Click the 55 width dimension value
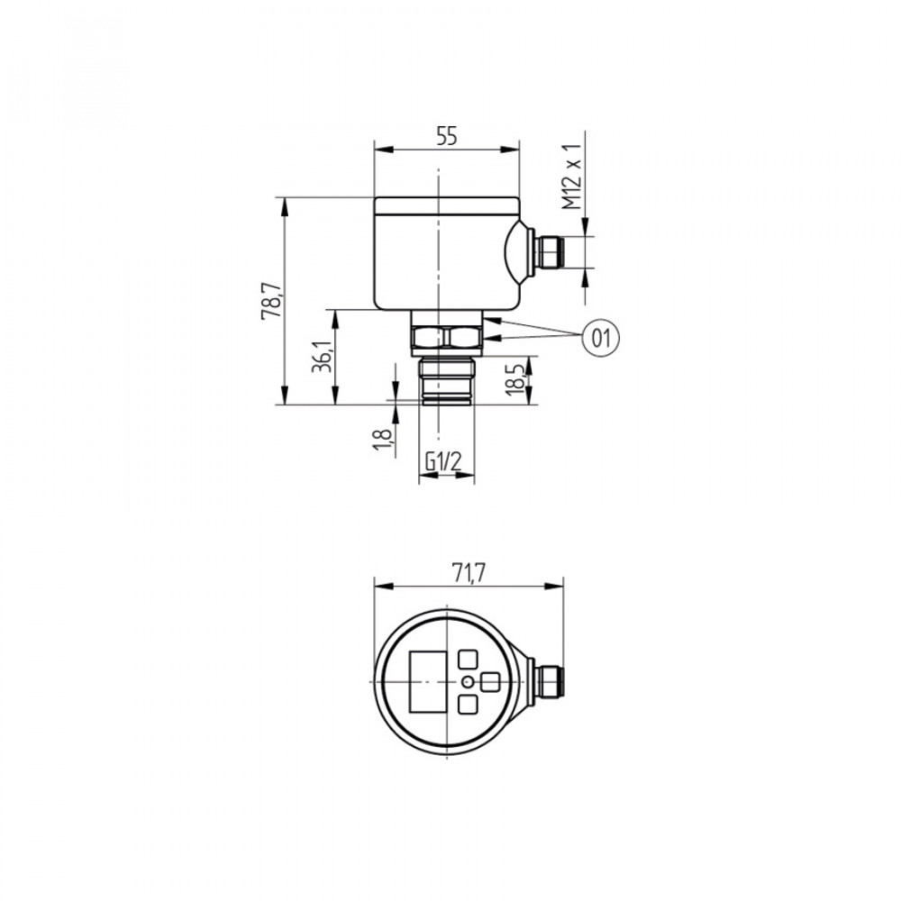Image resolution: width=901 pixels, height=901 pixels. pos(446,136)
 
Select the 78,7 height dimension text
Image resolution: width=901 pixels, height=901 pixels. pos(272,300)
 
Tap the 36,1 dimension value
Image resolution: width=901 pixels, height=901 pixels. pos(323,356)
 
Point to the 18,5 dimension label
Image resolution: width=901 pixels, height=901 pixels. pos(515,379)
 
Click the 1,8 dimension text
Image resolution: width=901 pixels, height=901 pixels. pos(382,439)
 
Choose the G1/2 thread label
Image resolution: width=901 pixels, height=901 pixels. pos(443,460)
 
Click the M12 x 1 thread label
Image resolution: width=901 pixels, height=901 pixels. pos(572,176)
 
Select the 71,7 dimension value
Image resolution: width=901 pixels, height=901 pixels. pos(469,572)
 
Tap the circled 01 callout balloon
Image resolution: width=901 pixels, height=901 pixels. pos(601,337)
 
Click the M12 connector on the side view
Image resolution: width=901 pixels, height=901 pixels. pos(548,251)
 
